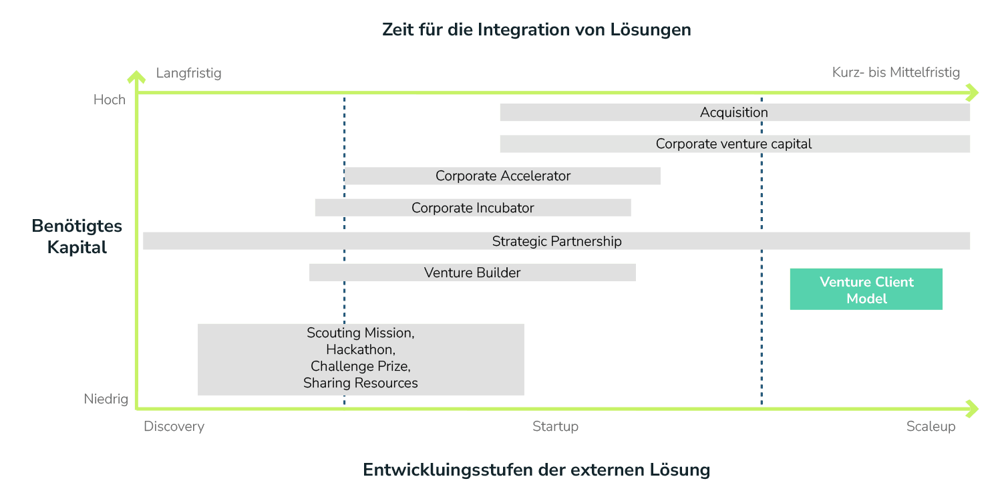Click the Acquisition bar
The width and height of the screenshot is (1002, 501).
click(734, 113)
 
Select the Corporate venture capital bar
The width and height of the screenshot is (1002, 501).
click(734, 144)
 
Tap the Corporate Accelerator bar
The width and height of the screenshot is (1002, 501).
click(502, 176)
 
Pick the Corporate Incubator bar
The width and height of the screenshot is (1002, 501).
click(472, 208)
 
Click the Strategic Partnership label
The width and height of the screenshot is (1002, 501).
click(556, 241)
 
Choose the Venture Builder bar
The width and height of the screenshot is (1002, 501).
click(472, 273)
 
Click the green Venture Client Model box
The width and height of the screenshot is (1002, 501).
click(866, 290)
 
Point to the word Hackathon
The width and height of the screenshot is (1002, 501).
click(361, 349)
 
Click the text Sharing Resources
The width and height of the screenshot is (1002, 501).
click(361, 383)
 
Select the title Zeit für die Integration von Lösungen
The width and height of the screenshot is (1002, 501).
click(536, 30)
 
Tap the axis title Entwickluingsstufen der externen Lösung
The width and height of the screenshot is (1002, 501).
click(536, 470)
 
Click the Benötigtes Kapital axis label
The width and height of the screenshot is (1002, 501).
click(77, 236)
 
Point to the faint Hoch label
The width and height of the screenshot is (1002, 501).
click(109, 100)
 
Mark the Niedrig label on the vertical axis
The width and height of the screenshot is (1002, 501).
click(106, 400)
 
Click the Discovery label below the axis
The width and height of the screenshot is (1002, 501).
click(174, 427)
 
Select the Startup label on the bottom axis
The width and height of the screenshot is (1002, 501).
click(556, 427)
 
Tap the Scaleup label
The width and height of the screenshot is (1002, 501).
click(931, 427)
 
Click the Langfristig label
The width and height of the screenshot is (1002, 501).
click(188, 73)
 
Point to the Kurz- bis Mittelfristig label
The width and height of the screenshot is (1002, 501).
click(896, 73)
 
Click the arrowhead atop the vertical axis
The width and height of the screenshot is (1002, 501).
click(136, 76)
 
